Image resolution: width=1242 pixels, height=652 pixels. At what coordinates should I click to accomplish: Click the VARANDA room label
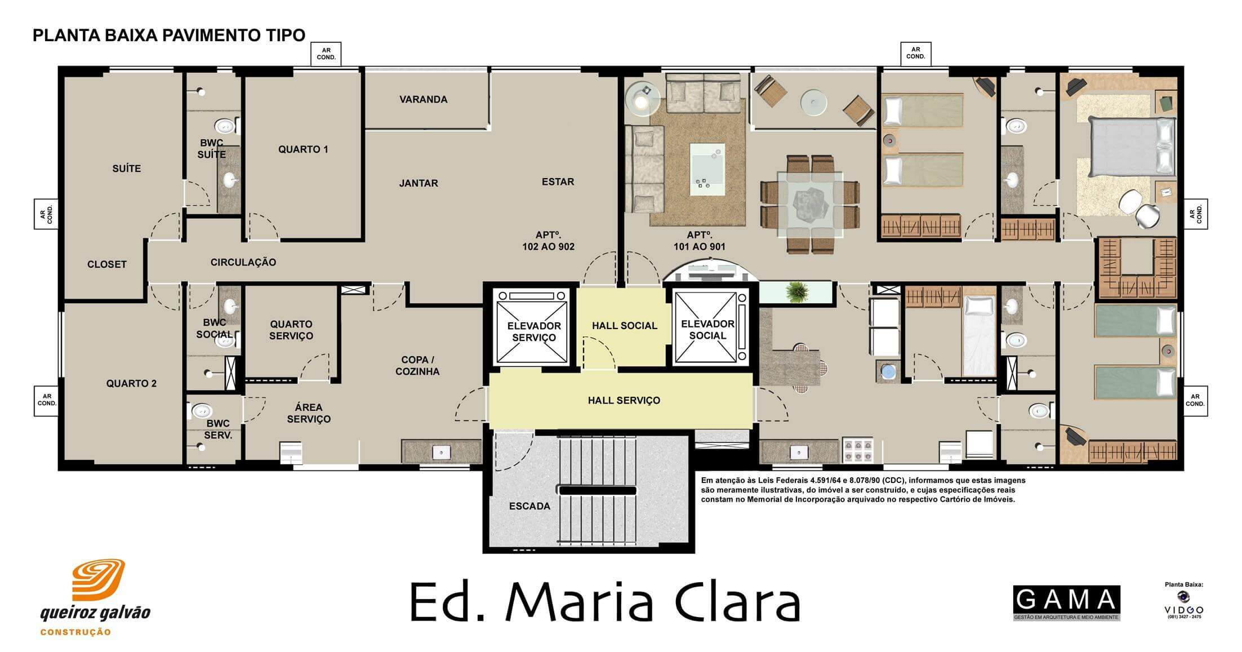[423, 100]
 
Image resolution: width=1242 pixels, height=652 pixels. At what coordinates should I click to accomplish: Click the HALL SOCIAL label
[624, 326]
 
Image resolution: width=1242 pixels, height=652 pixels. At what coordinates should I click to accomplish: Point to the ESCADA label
[529, 506]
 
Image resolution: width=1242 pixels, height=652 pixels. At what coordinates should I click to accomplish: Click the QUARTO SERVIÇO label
[291, 330]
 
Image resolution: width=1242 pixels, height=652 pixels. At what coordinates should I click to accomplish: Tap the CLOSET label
[107, 264]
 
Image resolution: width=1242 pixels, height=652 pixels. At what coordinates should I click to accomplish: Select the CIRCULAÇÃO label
[243, 262]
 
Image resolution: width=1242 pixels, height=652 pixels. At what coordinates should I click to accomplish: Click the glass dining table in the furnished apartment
[810, 204]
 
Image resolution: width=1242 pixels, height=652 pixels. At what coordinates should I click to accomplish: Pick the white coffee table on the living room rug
[707, 168]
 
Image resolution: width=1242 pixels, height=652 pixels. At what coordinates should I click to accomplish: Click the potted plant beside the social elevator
[796, 292]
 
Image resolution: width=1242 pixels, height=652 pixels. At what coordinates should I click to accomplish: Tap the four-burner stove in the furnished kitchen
[857, 450]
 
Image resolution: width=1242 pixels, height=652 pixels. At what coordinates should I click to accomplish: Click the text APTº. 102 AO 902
[548, 241]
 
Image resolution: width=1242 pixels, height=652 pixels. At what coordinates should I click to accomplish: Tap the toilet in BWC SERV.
[202, 410]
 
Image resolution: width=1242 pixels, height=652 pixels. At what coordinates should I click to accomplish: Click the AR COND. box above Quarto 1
[326, 54]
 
